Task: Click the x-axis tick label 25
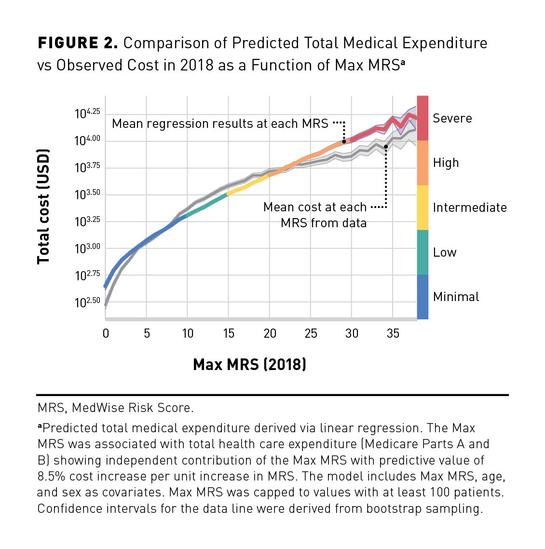[311, 333]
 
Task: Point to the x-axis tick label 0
[106, 333]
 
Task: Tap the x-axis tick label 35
[393, 333]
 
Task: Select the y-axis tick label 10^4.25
[88, 113]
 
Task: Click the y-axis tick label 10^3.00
[88, 248]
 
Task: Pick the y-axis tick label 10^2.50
[88, 302]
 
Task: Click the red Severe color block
[422, 118]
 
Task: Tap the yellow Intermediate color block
[422, 207]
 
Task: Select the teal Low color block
[422, 252]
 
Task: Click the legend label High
[446, 163]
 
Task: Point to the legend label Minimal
[456, 297]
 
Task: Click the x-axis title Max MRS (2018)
[249, 364]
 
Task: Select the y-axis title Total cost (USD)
[43, 206]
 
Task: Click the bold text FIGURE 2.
[78, 43]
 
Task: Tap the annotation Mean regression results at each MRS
[220, 124]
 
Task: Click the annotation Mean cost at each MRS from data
[315, 215]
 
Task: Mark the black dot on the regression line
[344, 141]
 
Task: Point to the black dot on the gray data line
[386, 146]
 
